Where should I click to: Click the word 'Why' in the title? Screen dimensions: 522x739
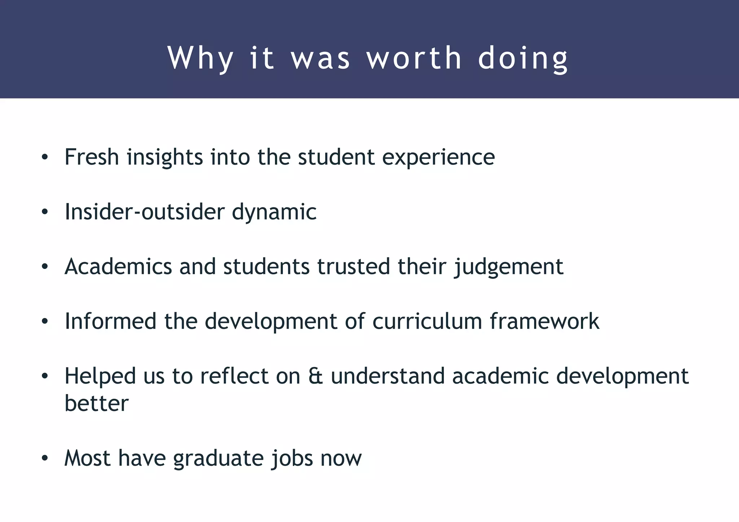coord(201,58)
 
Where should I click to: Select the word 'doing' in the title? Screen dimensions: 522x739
coord(523,58)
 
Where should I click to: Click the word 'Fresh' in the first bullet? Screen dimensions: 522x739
coord(92,157)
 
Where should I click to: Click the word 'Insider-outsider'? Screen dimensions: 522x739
coord(144,212)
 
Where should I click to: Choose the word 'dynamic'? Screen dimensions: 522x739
coord(274,212)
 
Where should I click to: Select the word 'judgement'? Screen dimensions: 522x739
coord(508,267)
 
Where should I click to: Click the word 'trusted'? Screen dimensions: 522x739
coord(354,266)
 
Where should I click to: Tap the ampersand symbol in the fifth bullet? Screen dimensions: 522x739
coord(316,376)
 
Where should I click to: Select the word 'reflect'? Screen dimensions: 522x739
coord(234,376)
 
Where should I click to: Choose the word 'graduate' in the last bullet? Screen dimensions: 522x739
coord(218,459)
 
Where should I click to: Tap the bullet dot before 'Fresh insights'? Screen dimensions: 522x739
coord(44,158)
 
